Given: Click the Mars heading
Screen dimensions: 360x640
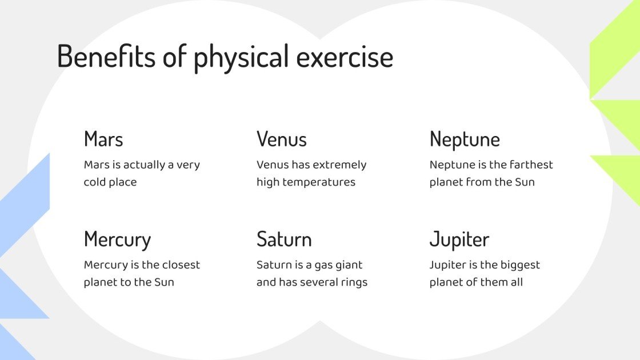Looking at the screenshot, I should [x=103, y=139].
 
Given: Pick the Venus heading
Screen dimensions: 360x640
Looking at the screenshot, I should [x=282, y=139].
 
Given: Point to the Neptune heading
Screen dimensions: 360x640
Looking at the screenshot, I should [x=465, y=139].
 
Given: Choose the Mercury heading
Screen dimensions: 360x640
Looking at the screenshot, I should [x=117, y=239].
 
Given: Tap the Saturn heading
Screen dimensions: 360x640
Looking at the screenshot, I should [x=284, y=239].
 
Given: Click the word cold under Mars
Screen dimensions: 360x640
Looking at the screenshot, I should [x=95, y=182].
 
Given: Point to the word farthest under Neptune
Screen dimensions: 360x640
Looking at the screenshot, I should [x=531, y=165].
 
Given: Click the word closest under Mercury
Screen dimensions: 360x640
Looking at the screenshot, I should [x=180, y=265].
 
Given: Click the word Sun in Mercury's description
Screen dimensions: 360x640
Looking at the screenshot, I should [x=163, y=282].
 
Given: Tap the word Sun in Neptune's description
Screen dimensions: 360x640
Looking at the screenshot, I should [x=524, y=182].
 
